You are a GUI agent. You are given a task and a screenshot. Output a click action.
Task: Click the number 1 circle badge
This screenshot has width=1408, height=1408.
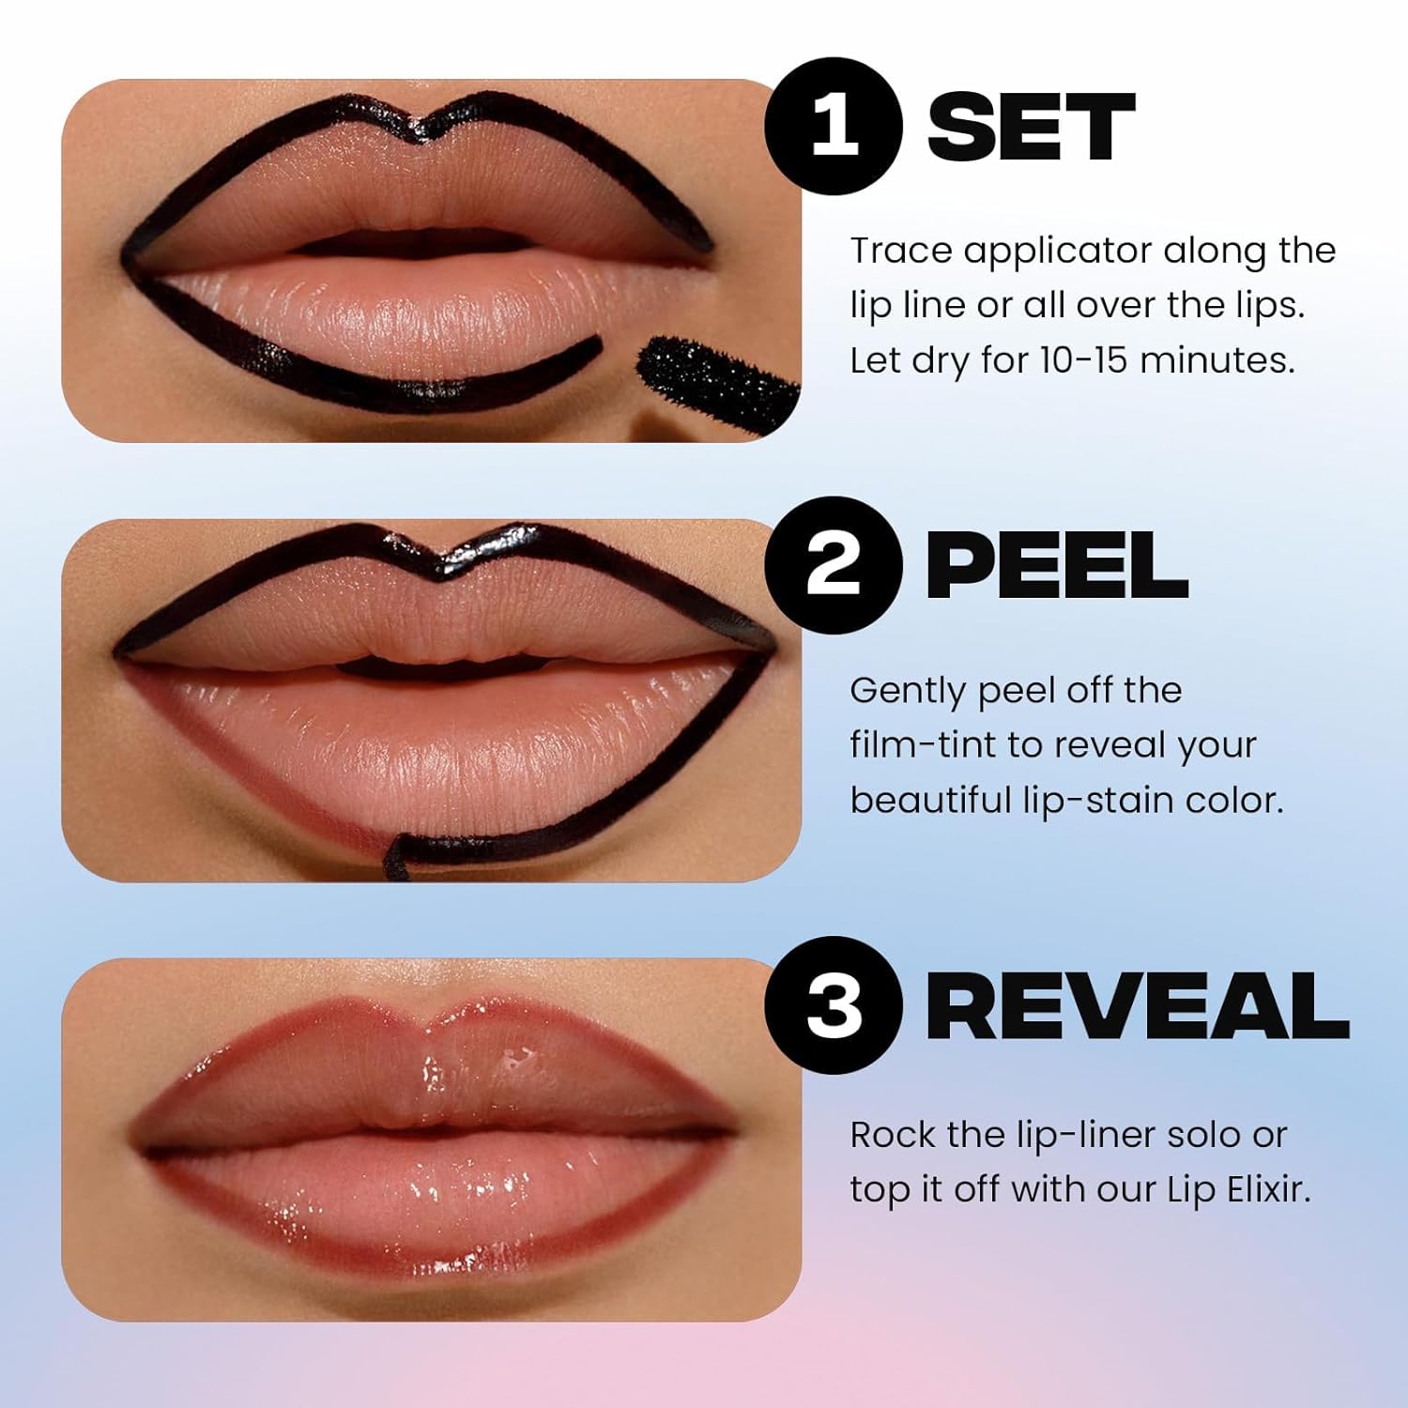(834, 127)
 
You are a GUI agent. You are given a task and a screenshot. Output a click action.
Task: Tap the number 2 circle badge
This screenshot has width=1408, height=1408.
(834, 565)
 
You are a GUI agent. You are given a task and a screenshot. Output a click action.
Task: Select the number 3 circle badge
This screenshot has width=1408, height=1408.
(834, 1004)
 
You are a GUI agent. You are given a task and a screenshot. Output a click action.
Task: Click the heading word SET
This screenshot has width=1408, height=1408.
(1031, 128)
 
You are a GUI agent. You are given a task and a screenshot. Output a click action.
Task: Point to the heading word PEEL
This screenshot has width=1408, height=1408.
(1056, 566)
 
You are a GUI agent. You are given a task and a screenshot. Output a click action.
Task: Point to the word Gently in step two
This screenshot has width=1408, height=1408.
(907, 692)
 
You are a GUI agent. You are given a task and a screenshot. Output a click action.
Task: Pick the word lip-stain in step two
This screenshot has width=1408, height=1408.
(1096, 801)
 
